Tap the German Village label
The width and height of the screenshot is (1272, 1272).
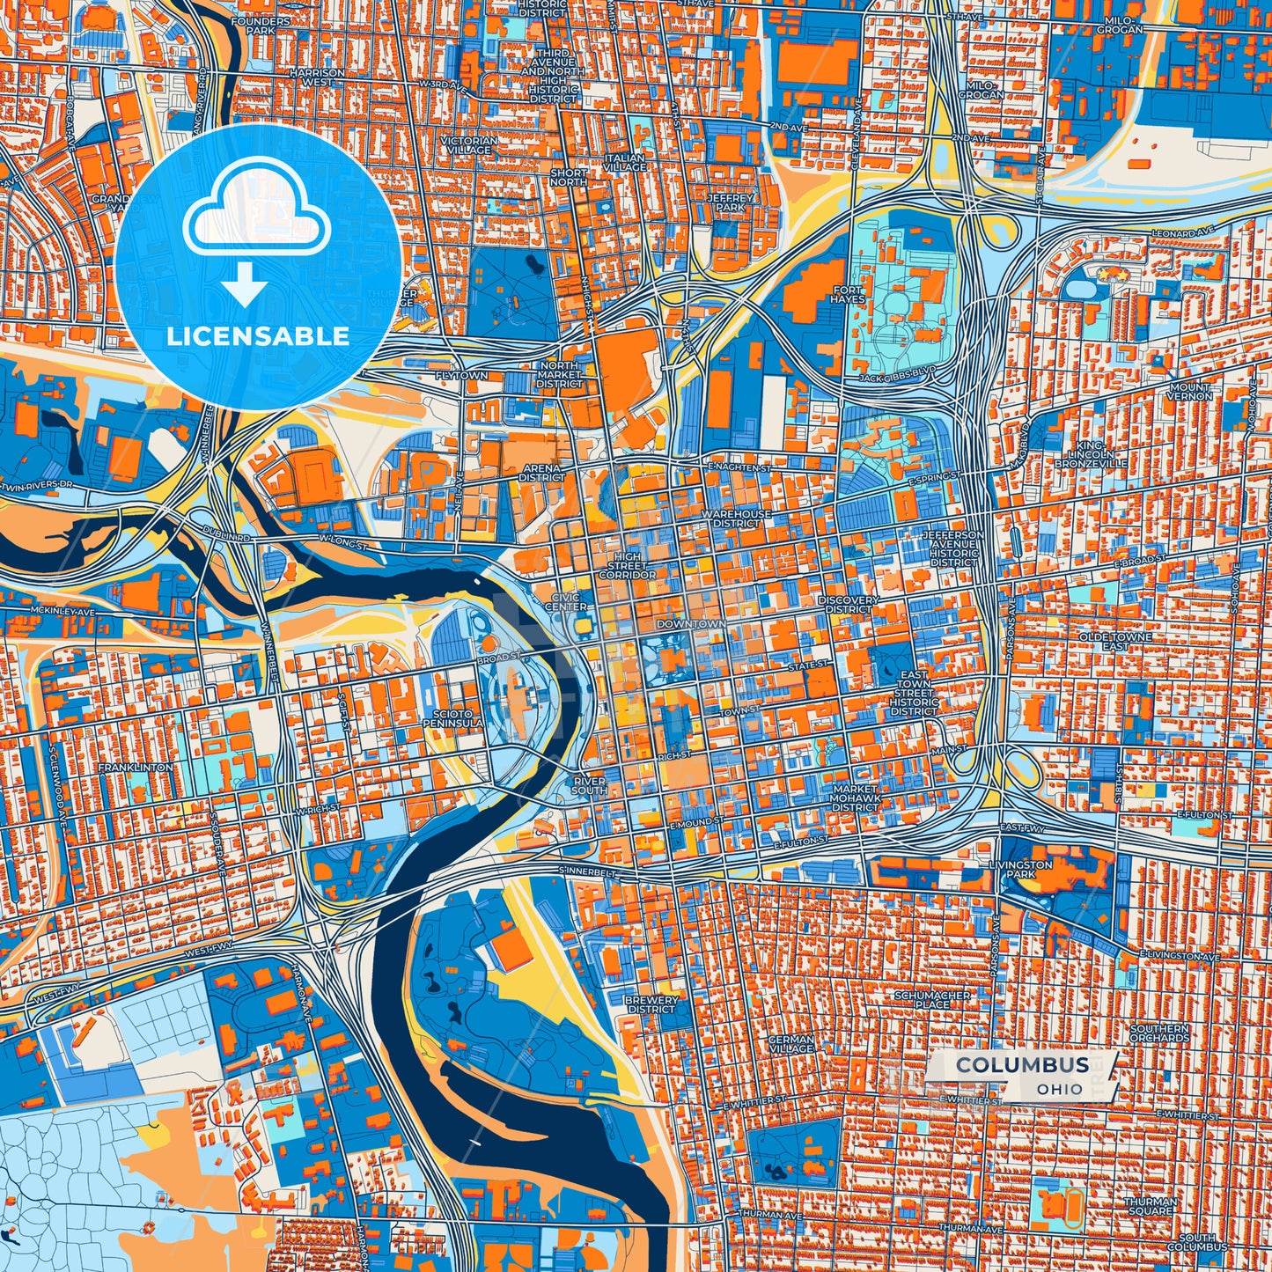click(x=791, y=1044)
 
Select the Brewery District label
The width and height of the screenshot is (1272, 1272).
click(x=651, y=1004)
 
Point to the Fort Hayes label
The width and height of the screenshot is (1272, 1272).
click(x=849, y=294)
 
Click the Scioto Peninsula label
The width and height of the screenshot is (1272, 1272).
click(x=452, y=718)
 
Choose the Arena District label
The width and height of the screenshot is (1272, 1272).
click(x=541, y=473)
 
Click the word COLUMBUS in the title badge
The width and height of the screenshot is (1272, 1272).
click(x=1022, y=1064)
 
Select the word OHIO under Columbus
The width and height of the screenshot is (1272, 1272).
click(x=1060, y=1089)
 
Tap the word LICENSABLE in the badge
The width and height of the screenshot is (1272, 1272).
click(x=258, y=336)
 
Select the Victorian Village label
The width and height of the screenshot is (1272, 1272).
click(x=469, y=145)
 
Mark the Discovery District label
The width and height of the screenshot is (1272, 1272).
click(x=849, y=604)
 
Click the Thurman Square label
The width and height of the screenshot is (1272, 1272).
click(x=1150, y=1206)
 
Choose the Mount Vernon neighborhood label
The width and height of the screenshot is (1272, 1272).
click(x=1190, y=392)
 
